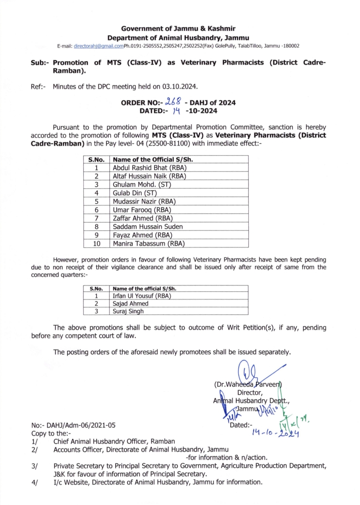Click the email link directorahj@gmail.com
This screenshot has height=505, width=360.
coord(98,46)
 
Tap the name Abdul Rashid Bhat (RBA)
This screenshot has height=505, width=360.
coord(150,168)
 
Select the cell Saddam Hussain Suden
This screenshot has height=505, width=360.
coord(148,227)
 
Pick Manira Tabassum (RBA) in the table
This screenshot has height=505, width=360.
coord(148,244)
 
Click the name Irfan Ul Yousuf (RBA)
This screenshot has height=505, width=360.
coord(142,296)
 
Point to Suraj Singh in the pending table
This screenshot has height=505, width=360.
coord(128,311)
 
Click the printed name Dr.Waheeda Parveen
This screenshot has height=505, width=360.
coord(248,384)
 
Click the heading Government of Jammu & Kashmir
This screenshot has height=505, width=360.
coord(178,28)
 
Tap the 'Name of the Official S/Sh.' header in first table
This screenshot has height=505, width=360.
coord(153,160)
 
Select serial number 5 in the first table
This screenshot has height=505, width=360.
coord(97,202)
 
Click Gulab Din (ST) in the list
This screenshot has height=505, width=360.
coord(135,193)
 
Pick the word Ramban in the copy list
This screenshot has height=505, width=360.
coord(163,441)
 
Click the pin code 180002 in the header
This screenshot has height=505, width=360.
coord(291,46)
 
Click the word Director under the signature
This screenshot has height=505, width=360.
coord(249,393)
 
